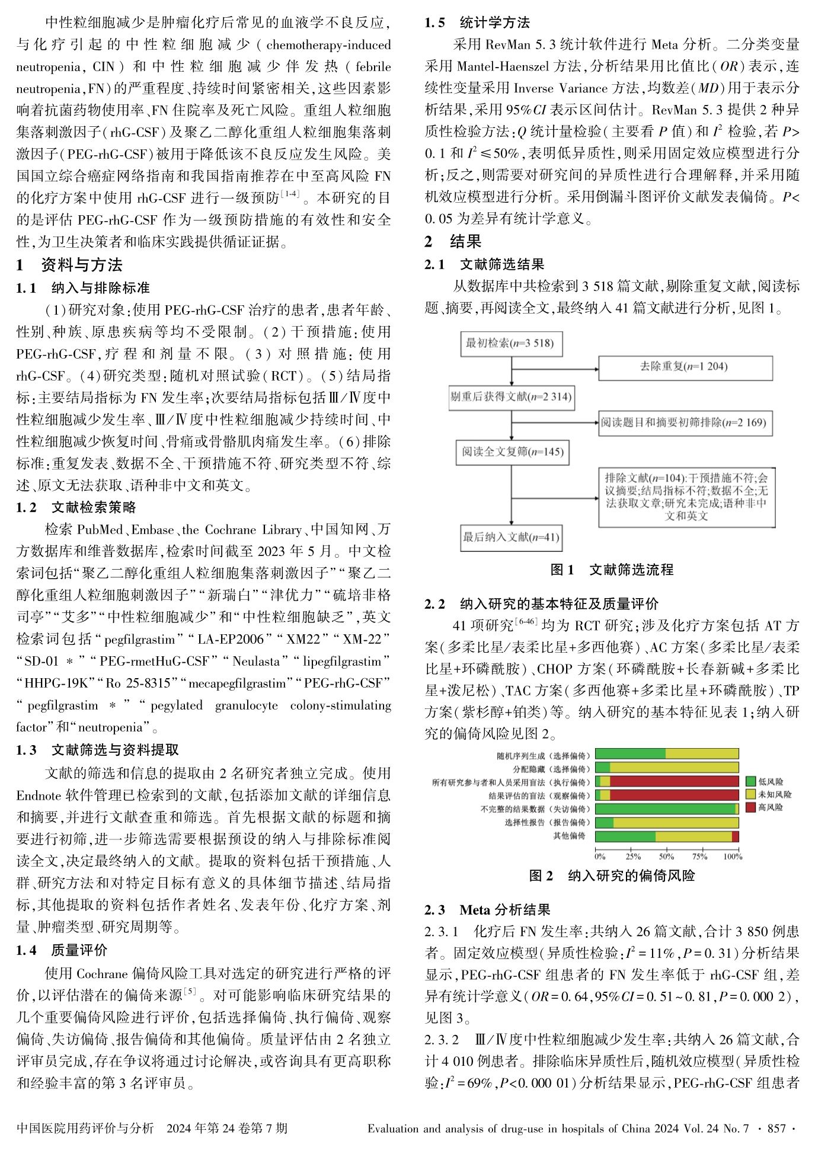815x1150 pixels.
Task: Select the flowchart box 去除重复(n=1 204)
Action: click(x=685, y=367)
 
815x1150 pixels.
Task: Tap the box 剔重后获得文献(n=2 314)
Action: click(x=511, y=397)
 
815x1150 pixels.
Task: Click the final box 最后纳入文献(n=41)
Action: click(x=511, y=538)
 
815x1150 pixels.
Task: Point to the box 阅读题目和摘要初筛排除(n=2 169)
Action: click(x=685, y=423)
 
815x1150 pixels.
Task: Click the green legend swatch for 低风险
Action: click(x=751, y=782)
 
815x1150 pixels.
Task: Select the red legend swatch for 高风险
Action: click(x=751, y=807)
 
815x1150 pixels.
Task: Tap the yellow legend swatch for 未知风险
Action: click(x=751, y=795)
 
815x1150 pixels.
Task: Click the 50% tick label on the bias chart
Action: click(x=666, y=856)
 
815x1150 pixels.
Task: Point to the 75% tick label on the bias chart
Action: click(x=699, y=856)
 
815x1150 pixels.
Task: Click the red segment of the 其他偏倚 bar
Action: click(x=735, y=836)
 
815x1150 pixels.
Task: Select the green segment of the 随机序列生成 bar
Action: click(x=630, y=754)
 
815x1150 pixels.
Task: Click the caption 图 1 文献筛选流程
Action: click(x=612, y=570)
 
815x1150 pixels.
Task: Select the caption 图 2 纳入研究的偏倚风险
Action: click(x=612, y=876)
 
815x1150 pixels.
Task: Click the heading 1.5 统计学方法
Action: click(x=477, y=23)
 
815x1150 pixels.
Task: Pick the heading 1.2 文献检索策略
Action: click(x=76, y=507)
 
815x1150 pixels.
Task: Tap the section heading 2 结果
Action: click(x=453, y=242)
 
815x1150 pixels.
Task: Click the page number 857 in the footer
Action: click(x=776, y=1129)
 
